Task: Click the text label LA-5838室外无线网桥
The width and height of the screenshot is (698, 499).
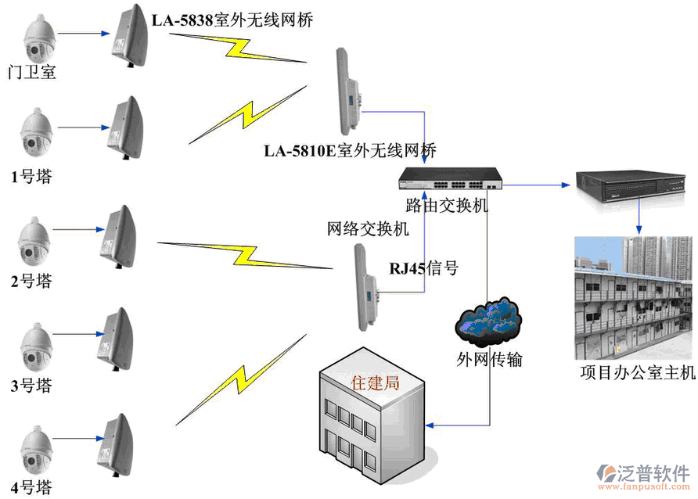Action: [x=232, y=21]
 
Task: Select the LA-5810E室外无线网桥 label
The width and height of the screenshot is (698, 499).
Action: [x=350, y=150]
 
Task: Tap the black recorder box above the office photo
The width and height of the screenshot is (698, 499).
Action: [x=634, y=185]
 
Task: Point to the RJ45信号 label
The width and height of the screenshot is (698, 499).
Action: [x=423, y=268]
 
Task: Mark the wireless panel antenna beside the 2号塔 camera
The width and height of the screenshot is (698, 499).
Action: [x=118, y=235]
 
